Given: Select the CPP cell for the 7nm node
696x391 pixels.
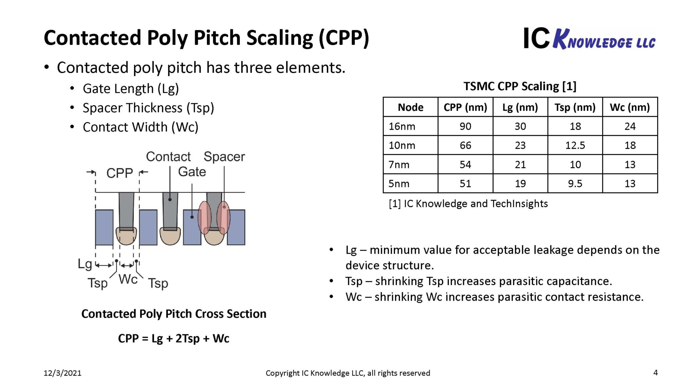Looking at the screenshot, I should click(465, 165).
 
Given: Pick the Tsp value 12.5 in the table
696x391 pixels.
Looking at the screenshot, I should click(575, 146).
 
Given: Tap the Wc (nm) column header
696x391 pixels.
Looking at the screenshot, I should click(630, 107).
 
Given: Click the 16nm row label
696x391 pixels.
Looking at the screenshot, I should click(402, 127).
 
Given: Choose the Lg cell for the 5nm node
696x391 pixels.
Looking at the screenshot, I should click(520, 184).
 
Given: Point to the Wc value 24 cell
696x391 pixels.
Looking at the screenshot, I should click(630, 127).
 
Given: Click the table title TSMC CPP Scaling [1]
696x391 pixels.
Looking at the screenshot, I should click(520, 86).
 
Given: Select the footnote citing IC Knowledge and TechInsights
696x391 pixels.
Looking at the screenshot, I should click(468, 204).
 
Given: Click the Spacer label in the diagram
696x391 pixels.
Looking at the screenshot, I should click(224, 157).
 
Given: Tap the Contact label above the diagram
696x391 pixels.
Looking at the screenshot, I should click(168, 157).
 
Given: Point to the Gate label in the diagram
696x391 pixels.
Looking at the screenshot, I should click(192, 172).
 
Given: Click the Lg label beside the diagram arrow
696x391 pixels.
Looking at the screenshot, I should click(85, 264).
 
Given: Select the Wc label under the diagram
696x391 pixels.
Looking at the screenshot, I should click(128, 279).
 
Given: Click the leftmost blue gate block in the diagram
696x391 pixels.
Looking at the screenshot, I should click(104, 227).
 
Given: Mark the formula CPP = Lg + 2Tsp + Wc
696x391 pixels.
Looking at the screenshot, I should click(174, 338).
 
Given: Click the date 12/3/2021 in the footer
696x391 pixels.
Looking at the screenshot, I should click(63, 373).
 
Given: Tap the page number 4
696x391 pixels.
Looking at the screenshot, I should click(656, 373).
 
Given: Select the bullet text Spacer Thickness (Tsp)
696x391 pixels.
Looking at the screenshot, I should click(148, 108).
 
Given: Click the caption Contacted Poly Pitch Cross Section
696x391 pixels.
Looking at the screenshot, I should click(174, 314).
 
